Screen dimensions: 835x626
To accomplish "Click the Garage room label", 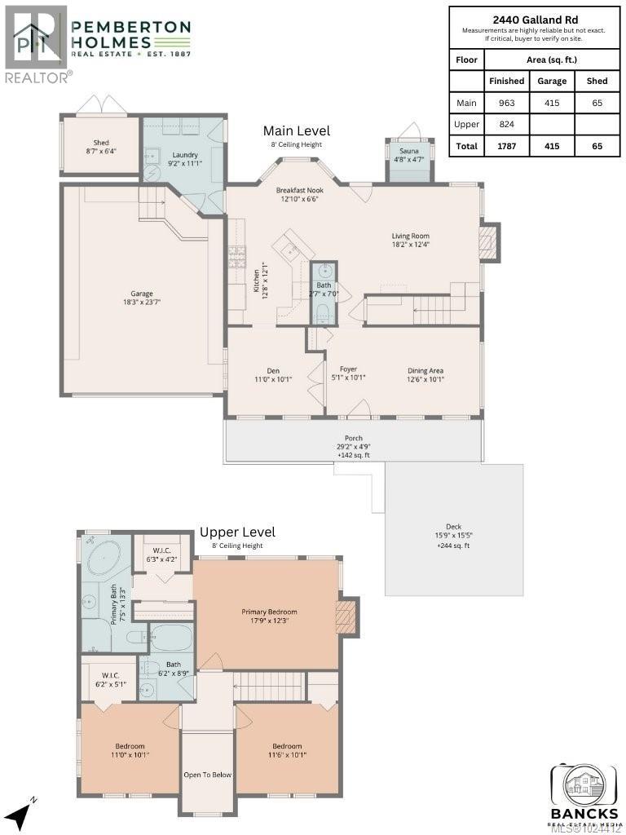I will [142, 294].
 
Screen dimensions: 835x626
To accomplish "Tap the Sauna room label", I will [408, 151].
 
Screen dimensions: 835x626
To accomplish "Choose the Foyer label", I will [348, 369].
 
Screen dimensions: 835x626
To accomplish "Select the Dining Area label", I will [425, 370].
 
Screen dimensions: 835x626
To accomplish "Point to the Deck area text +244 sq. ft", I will [454, 546].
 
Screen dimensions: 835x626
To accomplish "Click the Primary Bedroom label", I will [269, 612].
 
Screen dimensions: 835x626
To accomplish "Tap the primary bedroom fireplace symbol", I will [346, 617].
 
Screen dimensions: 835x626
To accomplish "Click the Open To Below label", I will [207, 775].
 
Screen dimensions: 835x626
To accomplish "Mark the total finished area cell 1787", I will [506, 147].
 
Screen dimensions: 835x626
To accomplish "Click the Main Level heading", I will [296, 130].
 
